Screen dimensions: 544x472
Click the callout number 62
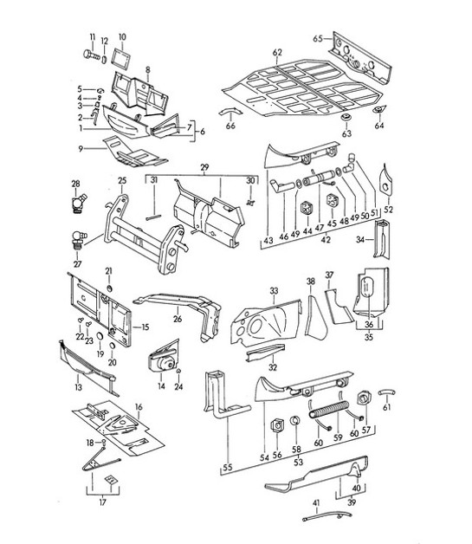click(277, 53)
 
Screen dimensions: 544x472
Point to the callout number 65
click(317, 38)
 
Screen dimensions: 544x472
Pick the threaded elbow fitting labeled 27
click(77, 238)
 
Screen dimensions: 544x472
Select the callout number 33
click(273, 290)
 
